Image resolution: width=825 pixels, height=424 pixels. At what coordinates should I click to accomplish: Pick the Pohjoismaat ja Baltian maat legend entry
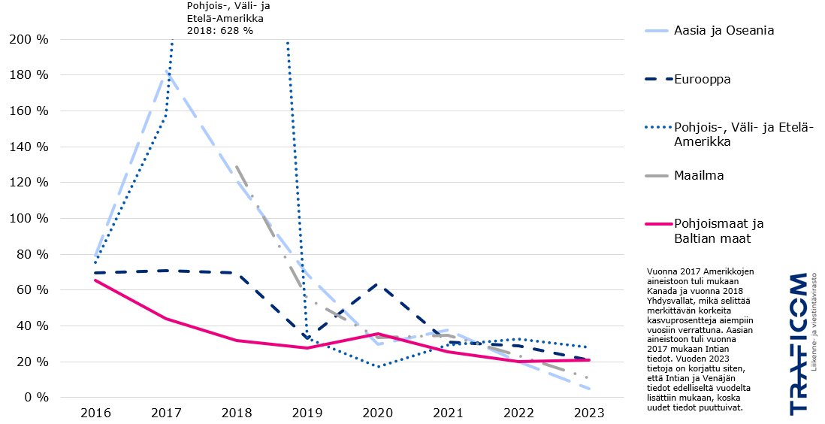(718, 231)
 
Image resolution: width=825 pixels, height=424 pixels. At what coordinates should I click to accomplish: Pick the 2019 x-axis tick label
(307, 413)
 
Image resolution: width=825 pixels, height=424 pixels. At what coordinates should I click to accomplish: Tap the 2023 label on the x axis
(589, 413)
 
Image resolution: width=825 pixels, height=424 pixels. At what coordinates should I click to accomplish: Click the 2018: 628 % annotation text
(219, 31)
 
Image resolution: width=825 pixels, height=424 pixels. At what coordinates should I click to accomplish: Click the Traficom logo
(798, 344)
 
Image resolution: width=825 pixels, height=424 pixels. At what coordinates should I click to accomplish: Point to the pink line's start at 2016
(95, 280)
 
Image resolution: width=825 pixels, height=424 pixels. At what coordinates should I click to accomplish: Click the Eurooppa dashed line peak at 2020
(377, 284)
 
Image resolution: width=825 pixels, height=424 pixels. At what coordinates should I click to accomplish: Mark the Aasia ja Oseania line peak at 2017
(166, 71)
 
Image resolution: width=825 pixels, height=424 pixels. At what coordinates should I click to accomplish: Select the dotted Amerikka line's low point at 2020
(377, 366)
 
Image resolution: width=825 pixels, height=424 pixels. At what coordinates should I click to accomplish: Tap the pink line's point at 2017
(165, 319)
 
